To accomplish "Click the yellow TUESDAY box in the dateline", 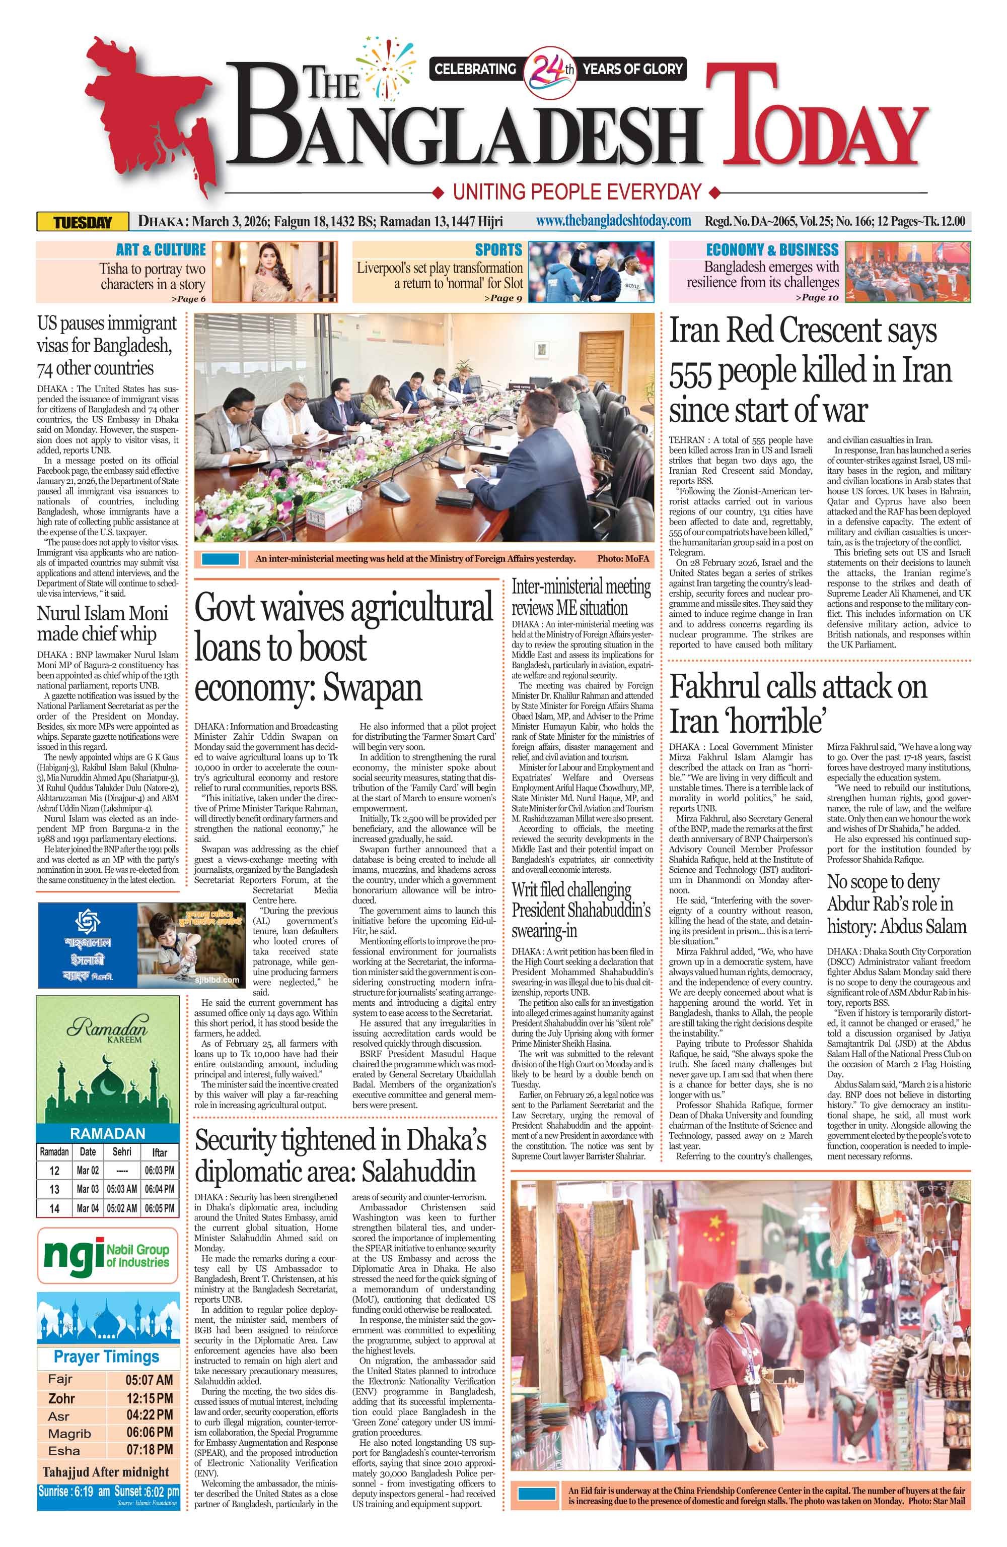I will pos(83,222).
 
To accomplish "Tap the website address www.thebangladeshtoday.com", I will pos(613,221).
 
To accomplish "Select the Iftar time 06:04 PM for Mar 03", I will pos(159,1189).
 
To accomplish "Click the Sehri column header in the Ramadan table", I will pos(121,1151).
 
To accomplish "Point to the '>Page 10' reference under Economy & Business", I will pos(817,298).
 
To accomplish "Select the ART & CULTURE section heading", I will pos(161,249).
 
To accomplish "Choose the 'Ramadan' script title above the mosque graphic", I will pos(107,1027).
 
